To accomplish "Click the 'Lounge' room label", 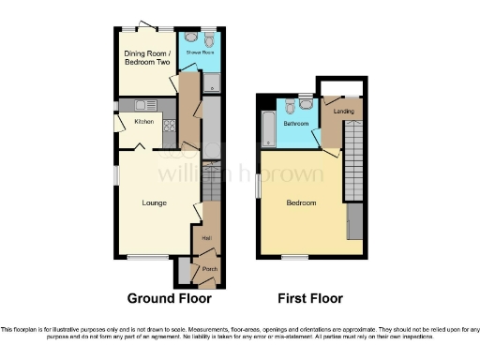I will [154, 203].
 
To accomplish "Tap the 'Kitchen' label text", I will [143, 122].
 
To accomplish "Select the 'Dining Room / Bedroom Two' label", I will [147, 57].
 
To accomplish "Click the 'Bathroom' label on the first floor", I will [297, 123].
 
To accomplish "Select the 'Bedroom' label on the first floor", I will [301, 203].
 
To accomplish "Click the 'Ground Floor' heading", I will [169, 299].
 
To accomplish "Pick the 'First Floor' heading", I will [309, 299].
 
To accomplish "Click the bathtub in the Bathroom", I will [270, 128].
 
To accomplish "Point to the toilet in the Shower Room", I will [208, 40].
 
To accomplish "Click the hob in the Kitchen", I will [170, 126].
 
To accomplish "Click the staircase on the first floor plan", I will [353, 155].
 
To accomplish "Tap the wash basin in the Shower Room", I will [191, 39].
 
